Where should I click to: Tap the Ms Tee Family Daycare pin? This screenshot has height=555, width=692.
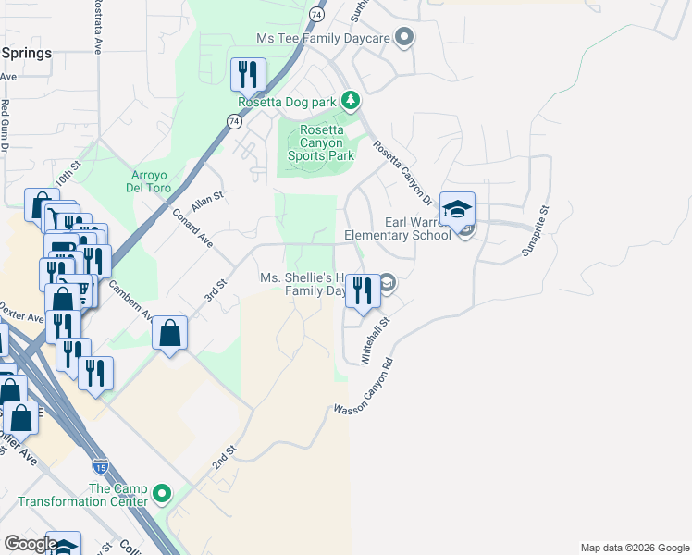click(x=402, y=38)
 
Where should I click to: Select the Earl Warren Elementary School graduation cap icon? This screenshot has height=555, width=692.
click(x=457, y=210)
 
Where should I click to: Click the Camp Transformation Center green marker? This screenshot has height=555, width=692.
click(x=163, y=495)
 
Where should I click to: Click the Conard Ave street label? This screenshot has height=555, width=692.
click(x=192, y=228)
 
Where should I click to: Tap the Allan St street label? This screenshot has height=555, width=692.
click(x=207, y=202)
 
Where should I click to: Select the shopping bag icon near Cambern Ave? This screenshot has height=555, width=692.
click(x=170, y=333)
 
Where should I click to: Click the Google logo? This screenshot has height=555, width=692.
click(x=31, y=544)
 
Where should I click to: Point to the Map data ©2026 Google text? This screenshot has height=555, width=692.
click(x=634, y=548)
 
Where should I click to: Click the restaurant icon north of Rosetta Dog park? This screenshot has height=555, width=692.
click(x=248, y=74)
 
